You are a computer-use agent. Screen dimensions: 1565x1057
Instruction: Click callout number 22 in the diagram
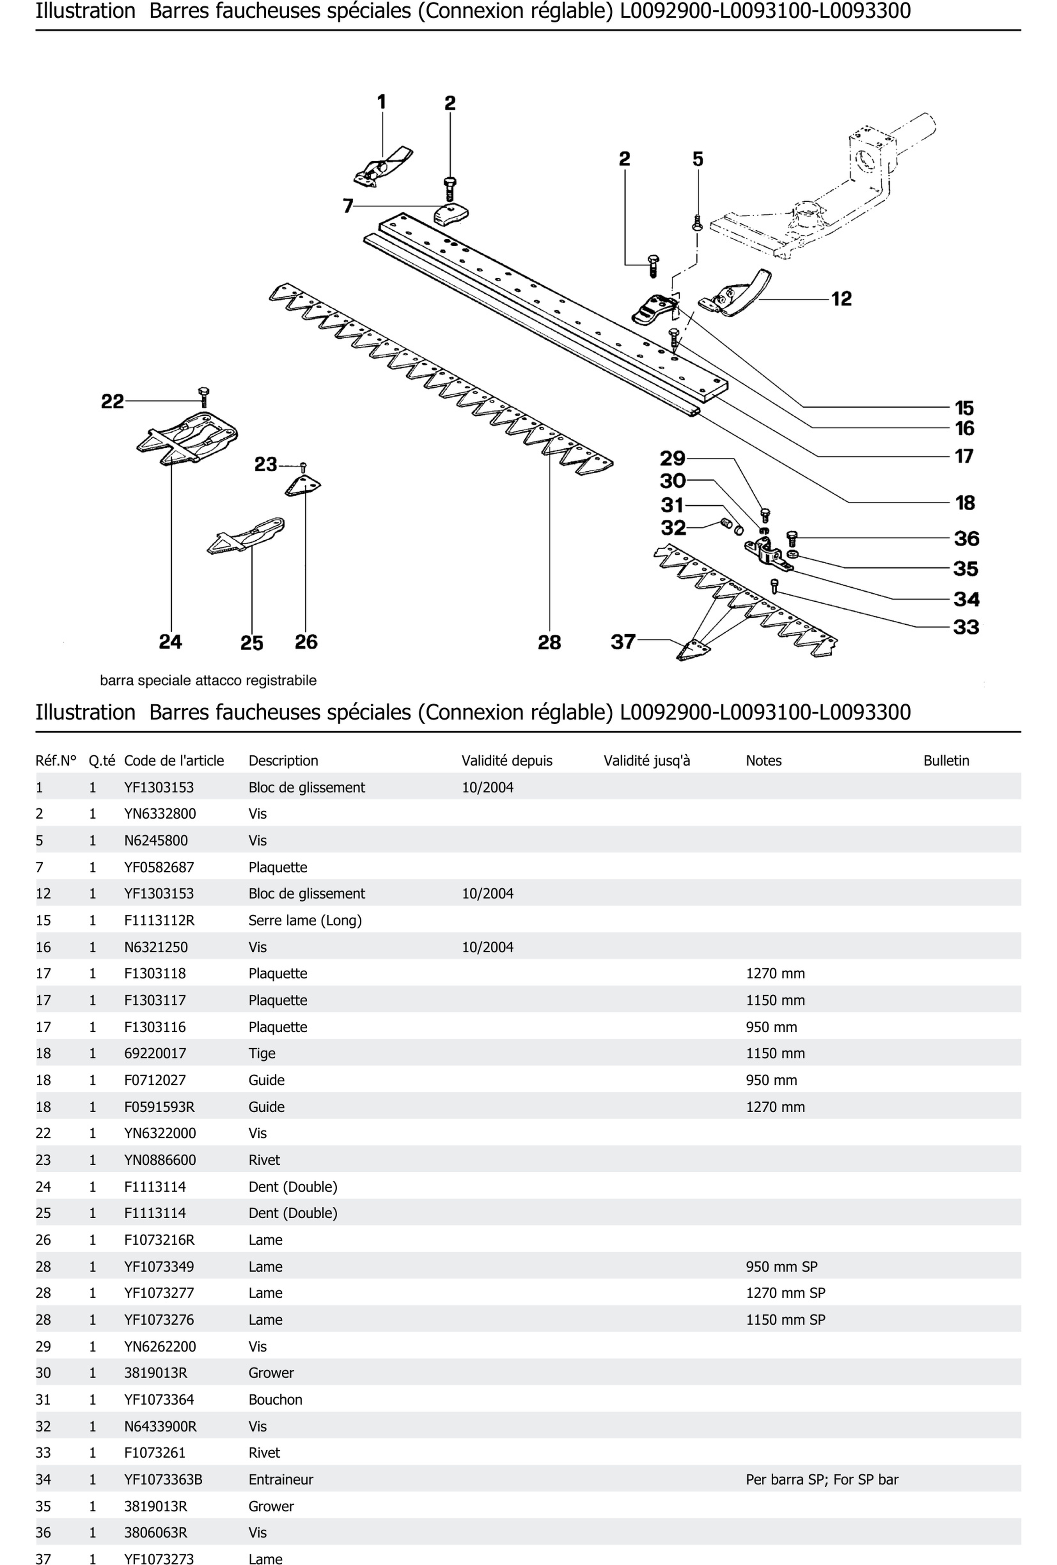click(x=113, y=401)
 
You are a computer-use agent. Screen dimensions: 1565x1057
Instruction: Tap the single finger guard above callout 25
click(x=246, y=536)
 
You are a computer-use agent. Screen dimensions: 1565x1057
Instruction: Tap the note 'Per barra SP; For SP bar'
click(x=821, y=1479)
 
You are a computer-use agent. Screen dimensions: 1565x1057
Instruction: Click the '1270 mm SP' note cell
click(x=785, y=1293)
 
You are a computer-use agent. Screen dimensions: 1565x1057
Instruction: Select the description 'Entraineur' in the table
click(x=280, y=1479)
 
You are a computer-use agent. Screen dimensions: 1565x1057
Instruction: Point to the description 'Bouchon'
click(x=275, y=1399)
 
